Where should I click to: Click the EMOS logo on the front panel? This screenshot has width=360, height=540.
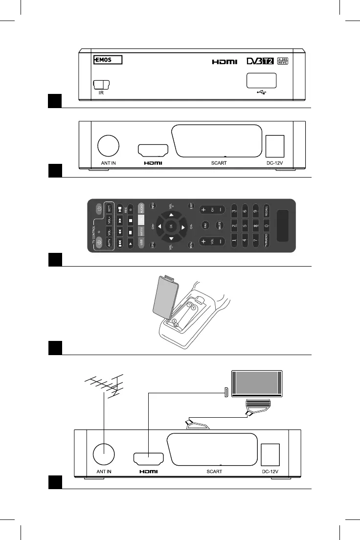pos(108,60)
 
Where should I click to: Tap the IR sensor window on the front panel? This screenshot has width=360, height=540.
pos(101,85)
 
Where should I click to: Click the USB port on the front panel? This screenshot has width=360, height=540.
pos(261,80)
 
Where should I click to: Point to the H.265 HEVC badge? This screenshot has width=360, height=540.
pos(283,60)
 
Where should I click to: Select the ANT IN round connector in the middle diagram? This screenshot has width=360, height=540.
pos(108,145)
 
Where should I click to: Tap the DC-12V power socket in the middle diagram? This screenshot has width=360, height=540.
pos(274,145)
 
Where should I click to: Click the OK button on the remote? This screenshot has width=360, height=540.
pos(171,226)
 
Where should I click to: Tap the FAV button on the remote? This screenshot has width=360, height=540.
pos(205,226)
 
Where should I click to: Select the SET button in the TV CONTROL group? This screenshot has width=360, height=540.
pos(109,209)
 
